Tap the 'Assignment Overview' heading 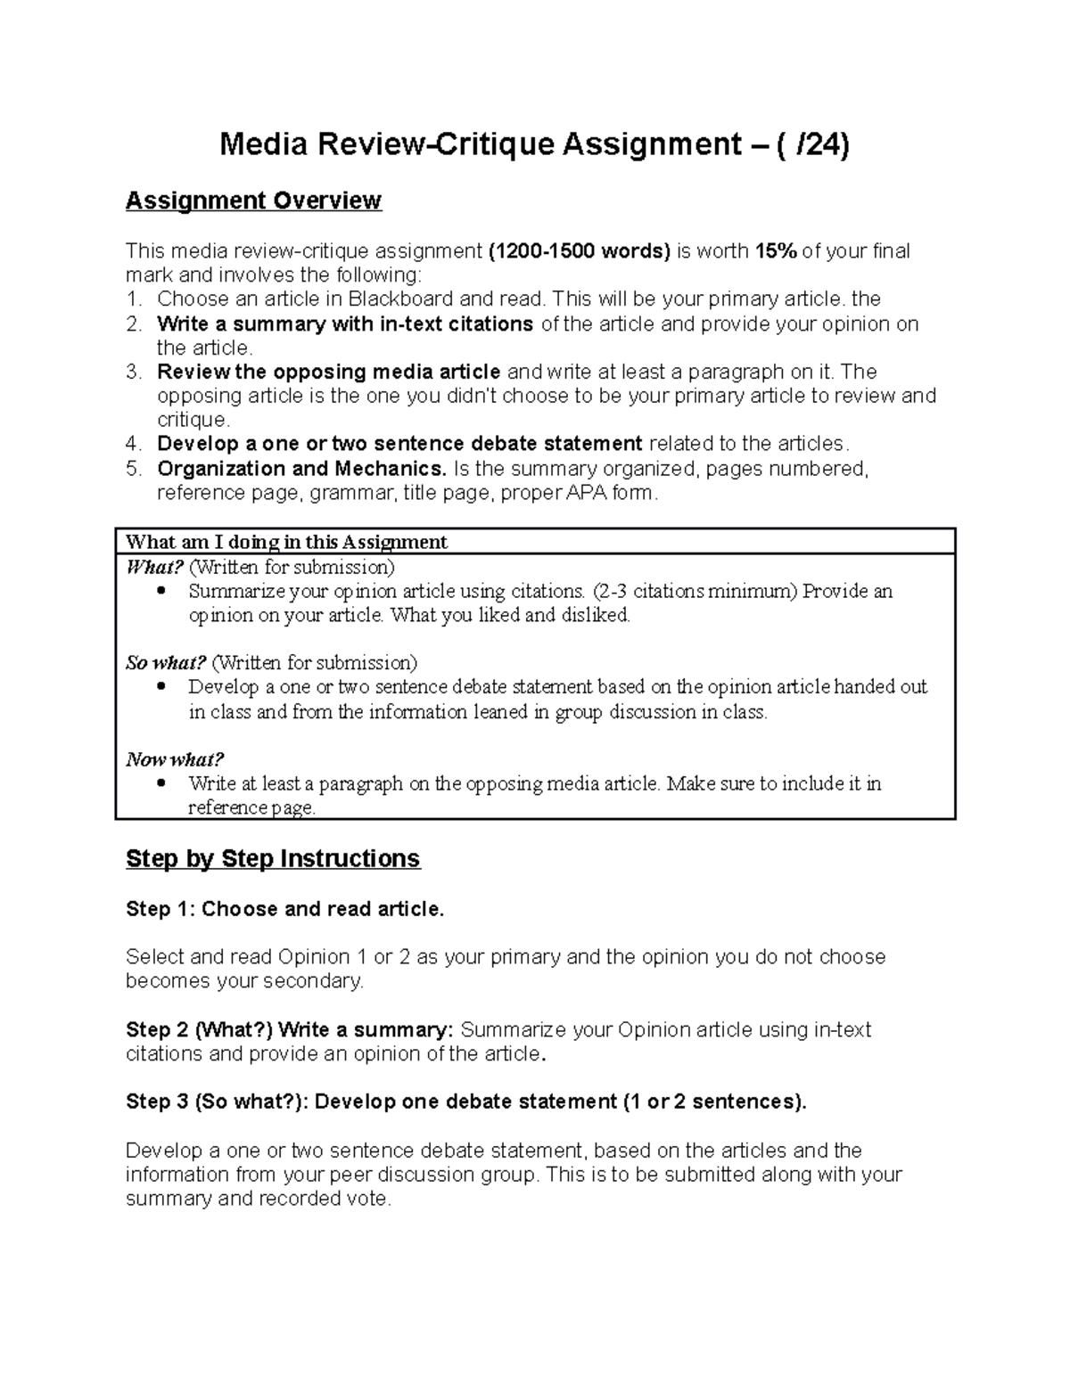point(253,201)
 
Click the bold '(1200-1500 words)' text point(580,251)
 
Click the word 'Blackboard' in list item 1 point(400,299)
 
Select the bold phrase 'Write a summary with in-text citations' point(345,324)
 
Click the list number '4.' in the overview point(133,445)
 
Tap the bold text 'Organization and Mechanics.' point(302,469)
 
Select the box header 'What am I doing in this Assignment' point(286,542)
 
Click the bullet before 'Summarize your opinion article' point(160,592)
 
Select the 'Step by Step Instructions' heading point(273,859)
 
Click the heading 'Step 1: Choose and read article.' point(284,909)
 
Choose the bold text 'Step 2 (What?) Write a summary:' point(290,1030)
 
